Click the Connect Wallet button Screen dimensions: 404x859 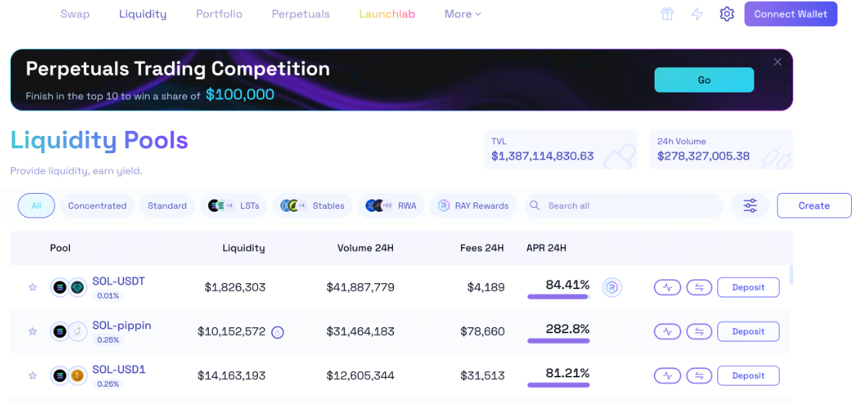point(790,14)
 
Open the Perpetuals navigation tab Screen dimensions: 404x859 point(301,14)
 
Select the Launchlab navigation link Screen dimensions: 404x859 point(387,14)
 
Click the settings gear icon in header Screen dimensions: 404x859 point(727,14)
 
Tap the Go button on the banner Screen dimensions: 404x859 point(704,80)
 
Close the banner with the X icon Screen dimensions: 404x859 point(777,62)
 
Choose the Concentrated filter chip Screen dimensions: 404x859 point(97,206)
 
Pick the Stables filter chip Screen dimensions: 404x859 point(313,206)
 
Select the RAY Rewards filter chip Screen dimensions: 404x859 point(473,206)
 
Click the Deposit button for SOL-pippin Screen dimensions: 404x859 point(748,332)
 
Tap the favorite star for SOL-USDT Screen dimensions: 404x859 point(33,288)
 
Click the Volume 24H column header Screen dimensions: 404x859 point(365,248)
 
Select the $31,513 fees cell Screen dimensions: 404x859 point(483,376)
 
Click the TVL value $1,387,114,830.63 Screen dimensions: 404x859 point(542,156)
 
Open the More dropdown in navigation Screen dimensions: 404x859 point(462,14)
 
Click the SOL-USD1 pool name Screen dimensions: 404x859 point(118,370)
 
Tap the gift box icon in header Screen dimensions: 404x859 point(667,14)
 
